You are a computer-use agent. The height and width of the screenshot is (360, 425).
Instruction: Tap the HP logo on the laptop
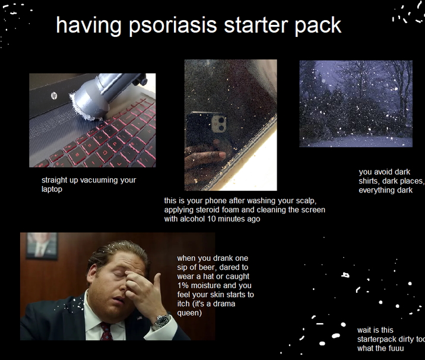[x=53, y=95]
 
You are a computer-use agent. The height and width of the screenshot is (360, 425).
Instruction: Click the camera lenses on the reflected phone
[x=218, y=124]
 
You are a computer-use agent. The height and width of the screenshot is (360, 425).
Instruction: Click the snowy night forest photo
[x=356, y=103]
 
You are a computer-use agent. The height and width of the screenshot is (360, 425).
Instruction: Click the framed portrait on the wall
[x=42, y=245]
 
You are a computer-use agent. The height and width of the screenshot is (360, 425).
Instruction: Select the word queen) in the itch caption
[x=189, y=313]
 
